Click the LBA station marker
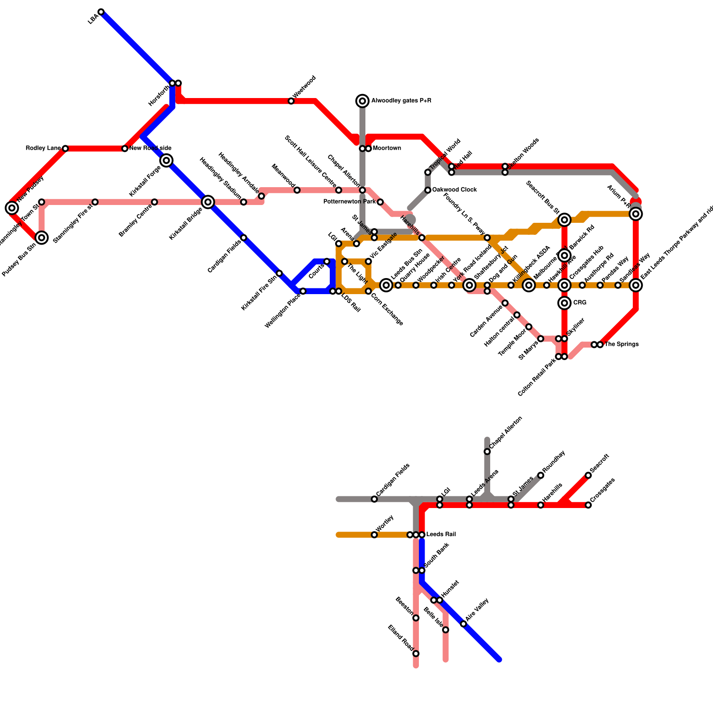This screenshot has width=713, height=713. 101,12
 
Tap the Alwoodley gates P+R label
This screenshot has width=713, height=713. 401,101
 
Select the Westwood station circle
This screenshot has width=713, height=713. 291,101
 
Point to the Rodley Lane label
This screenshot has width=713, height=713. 43,148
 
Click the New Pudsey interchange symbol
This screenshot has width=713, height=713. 12,208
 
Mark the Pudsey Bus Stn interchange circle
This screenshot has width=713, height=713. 41,238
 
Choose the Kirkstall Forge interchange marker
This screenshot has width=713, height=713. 166,160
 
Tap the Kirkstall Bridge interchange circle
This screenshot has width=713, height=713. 208,202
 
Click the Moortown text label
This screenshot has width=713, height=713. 387,148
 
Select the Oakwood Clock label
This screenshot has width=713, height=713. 455,190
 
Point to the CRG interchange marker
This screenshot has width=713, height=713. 565,303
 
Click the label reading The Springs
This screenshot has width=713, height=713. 622,344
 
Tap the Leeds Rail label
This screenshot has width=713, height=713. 441,534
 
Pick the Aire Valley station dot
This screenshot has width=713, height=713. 463,624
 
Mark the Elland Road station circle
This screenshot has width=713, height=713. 416,654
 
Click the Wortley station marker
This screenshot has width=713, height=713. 374,535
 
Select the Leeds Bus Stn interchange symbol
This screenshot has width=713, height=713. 386,285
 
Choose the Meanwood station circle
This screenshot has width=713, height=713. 297,190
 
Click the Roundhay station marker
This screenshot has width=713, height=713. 541,475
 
